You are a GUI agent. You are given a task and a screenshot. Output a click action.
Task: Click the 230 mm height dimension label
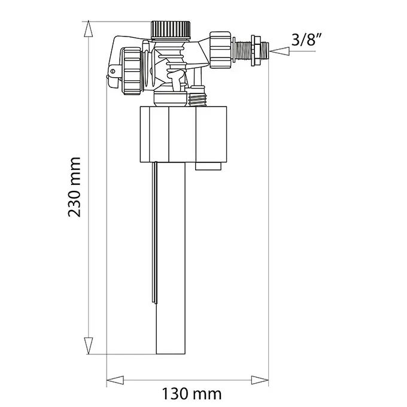[74, 187]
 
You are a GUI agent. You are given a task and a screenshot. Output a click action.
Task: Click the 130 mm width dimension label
[192, 394]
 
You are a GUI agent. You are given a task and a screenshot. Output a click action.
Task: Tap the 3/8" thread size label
[306, 40]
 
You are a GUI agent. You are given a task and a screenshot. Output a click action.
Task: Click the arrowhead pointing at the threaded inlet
[280, 51]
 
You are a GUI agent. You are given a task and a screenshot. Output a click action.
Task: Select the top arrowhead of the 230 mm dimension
[89, 29]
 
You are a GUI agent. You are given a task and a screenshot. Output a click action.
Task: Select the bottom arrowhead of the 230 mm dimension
[89, 346]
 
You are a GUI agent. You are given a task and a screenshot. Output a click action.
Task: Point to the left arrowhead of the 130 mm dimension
[116, 380]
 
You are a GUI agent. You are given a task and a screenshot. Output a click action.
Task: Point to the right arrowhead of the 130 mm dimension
[260, 380]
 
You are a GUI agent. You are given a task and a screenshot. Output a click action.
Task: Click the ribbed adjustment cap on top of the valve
[171, 30]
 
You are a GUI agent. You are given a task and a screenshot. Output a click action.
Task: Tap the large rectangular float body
[183, 134]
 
